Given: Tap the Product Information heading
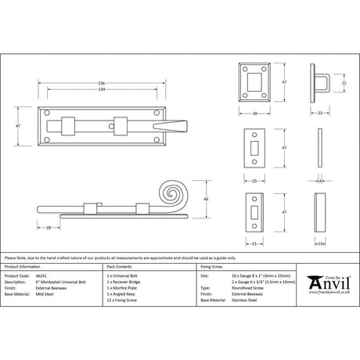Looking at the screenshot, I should tap(23, 268).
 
